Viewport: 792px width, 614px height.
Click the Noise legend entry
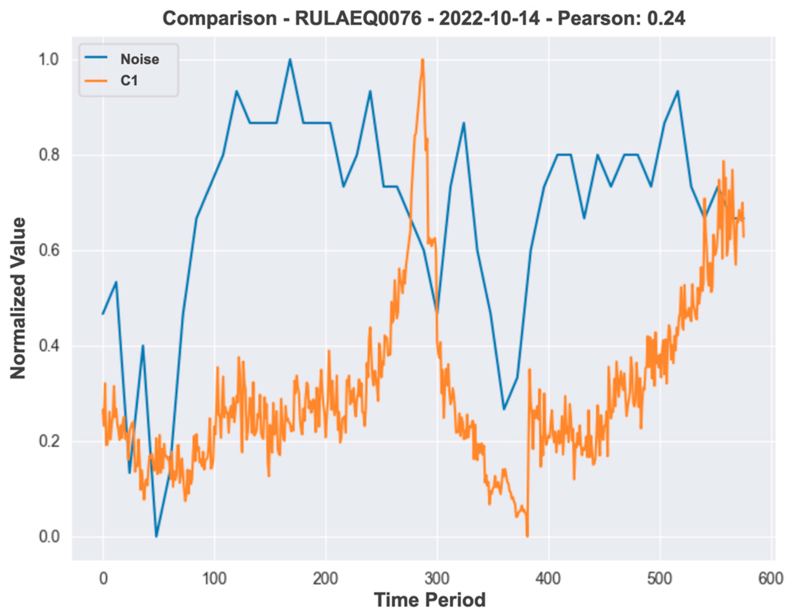[x=140, y=59]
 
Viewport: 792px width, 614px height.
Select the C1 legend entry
[x=129, y=81]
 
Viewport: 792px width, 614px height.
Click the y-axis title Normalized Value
[x=18, y=298]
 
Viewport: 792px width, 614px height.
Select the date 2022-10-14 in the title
[x=489, y=18]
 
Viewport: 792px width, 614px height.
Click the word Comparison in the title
[x=220, y=18]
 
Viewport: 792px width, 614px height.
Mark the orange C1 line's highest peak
[x=422, y=60]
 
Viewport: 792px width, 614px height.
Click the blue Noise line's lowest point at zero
[x=156, y=536]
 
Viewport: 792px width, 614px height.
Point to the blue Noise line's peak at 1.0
[x=290, y=59]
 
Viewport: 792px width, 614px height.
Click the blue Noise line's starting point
[x=103, y=314]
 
